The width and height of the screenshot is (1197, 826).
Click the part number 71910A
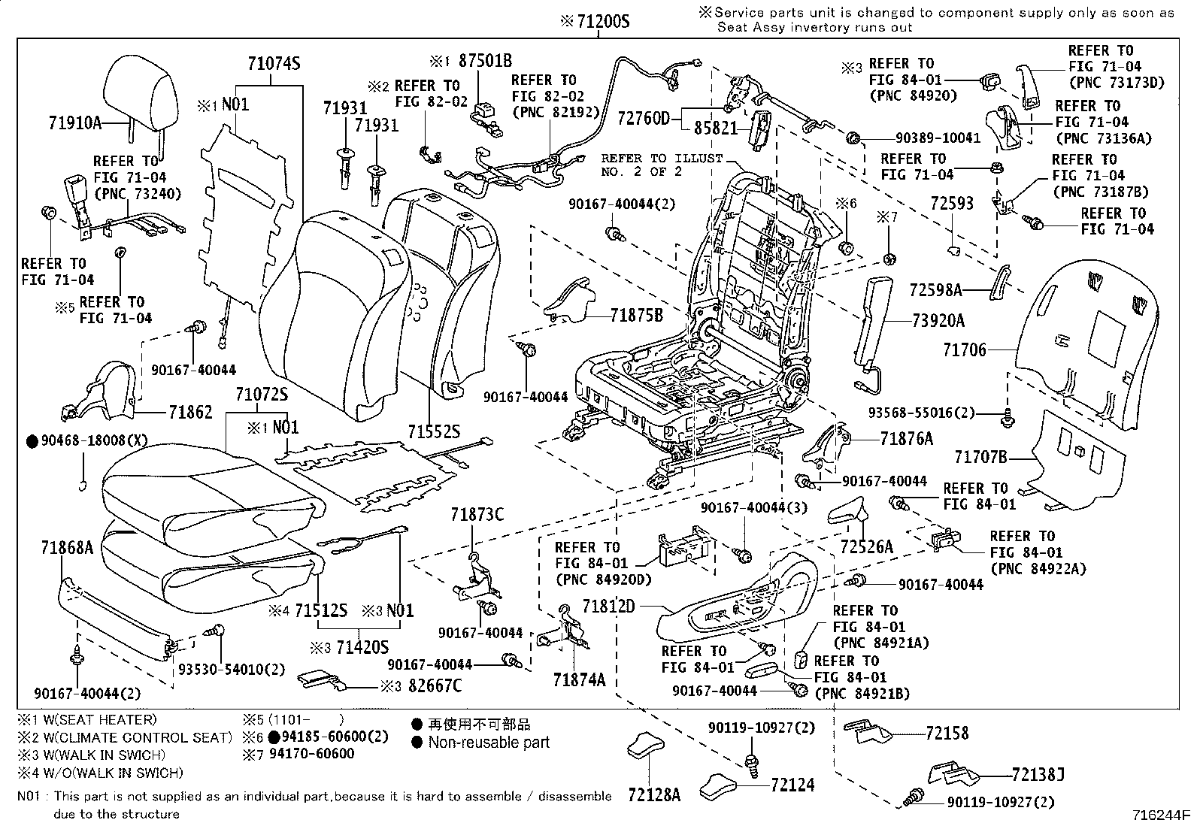point(75,123)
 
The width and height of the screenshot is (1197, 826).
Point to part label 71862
point(190,412)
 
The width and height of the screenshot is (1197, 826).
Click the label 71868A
point(67,548)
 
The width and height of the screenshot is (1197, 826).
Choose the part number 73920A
point(938,321)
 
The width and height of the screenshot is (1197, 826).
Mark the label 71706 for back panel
point(965,349)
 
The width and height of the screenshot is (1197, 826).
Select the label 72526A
point(867,546)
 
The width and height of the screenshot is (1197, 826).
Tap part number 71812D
point(609,606)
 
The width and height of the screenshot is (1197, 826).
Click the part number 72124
point(792,785)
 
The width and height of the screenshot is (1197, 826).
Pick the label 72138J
point(1038,774)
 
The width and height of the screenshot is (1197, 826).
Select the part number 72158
point(947,733)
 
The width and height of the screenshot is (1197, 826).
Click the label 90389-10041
point(938,138)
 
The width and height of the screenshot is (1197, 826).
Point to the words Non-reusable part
point(489,743)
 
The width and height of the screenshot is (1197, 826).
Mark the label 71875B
point(636,316)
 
